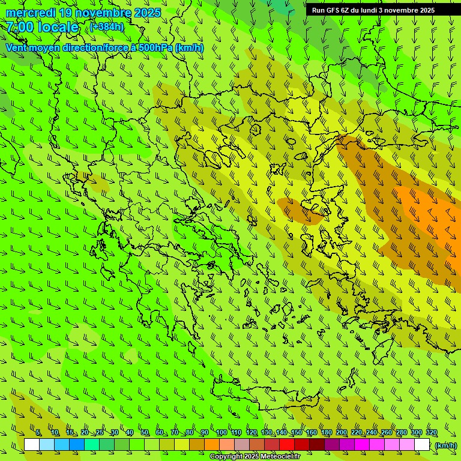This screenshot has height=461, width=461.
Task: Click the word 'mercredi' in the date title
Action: pyautogui.click(x=31, y=13)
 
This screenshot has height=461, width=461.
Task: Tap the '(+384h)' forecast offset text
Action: pyautogui.click(x=106, y=26)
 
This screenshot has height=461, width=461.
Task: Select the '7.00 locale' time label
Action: pyautogui.click(x=43, y=27)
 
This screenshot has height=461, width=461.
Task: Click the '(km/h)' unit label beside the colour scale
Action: pyautogui.click(x=445, y=445)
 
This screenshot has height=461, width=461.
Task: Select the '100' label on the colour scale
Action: pyautogui.click(x=221, y=432)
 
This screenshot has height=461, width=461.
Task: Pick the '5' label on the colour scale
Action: pyautogui.click(x=38, y=432)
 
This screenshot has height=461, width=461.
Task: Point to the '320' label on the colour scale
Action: pyautogui.click(x=431, y=432)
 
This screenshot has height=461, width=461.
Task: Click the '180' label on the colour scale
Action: pyautogui.click(x=326, y=432)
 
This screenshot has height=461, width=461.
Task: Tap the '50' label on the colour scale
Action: pyautogui.click(x=145, y=432)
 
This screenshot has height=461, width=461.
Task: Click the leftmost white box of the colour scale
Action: pyautogui.click(x=32, y=445)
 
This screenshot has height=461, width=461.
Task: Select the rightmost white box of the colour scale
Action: pyautogui.click(x=422, y=445)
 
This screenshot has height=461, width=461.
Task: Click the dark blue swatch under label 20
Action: pyautogui.click(x=77, y=445)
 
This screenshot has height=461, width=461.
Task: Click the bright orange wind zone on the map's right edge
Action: pyautogui.click(x=435, y=216)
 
